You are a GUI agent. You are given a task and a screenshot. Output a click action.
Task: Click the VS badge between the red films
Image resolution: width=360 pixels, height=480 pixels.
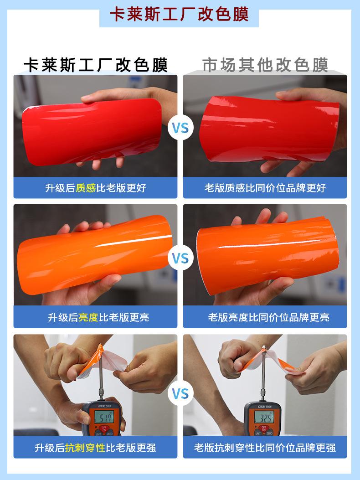click(x=180, y=128)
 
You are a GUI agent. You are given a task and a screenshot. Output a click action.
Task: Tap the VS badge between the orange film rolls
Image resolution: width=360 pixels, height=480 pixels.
click(x=180, y=258)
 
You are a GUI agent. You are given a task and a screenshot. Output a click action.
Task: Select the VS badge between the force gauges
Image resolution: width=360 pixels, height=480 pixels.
click(x=180, y=393)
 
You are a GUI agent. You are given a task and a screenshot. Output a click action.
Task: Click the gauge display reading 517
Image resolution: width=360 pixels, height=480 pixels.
click(x=104, y=416)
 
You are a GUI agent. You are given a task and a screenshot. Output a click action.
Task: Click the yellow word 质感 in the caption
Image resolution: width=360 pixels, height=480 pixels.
click(x=86, y=188)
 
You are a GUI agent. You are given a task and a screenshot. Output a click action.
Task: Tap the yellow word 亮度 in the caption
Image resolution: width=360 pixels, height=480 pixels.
click(x=88, y=317)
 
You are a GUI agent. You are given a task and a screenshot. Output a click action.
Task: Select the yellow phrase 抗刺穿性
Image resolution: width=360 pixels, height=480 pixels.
click(x=85, y=448)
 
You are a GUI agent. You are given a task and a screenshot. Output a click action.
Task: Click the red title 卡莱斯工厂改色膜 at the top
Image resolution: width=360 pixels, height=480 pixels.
click(x=179, y=15)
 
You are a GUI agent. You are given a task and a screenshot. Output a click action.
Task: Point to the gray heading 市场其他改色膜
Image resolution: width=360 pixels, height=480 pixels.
click(x=265, y=65)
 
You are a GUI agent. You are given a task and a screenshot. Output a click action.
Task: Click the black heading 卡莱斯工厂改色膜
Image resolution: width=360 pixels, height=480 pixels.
click(x=96, y=65)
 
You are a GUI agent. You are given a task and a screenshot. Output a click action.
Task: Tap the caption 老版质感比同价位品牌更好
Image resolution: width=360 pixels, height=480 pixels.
click(x=265, y=188)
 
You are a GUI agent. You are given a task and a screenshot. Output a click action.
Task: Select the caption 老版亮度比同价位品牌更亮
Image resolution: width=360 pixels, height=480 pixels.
click(x=268, y=317)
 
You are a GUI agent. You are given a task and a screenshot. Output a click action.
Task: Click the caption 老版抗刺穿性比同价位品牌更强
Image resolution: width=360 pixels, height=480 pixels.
click(x=265, y=448)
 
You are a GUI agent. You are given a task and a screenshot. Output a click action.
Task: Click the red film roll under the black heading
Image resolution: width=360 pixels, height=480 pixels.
click(x=92, y=132)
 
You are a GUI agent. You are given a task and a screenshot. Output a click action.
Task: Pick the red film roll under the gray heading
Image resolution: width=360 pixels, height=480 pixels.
click(x=269, y=129)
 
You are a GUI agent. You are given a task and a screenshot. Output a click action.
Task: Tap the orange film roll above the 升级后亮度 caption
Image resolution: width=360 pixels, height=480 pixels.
click(x=94, y=255)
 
